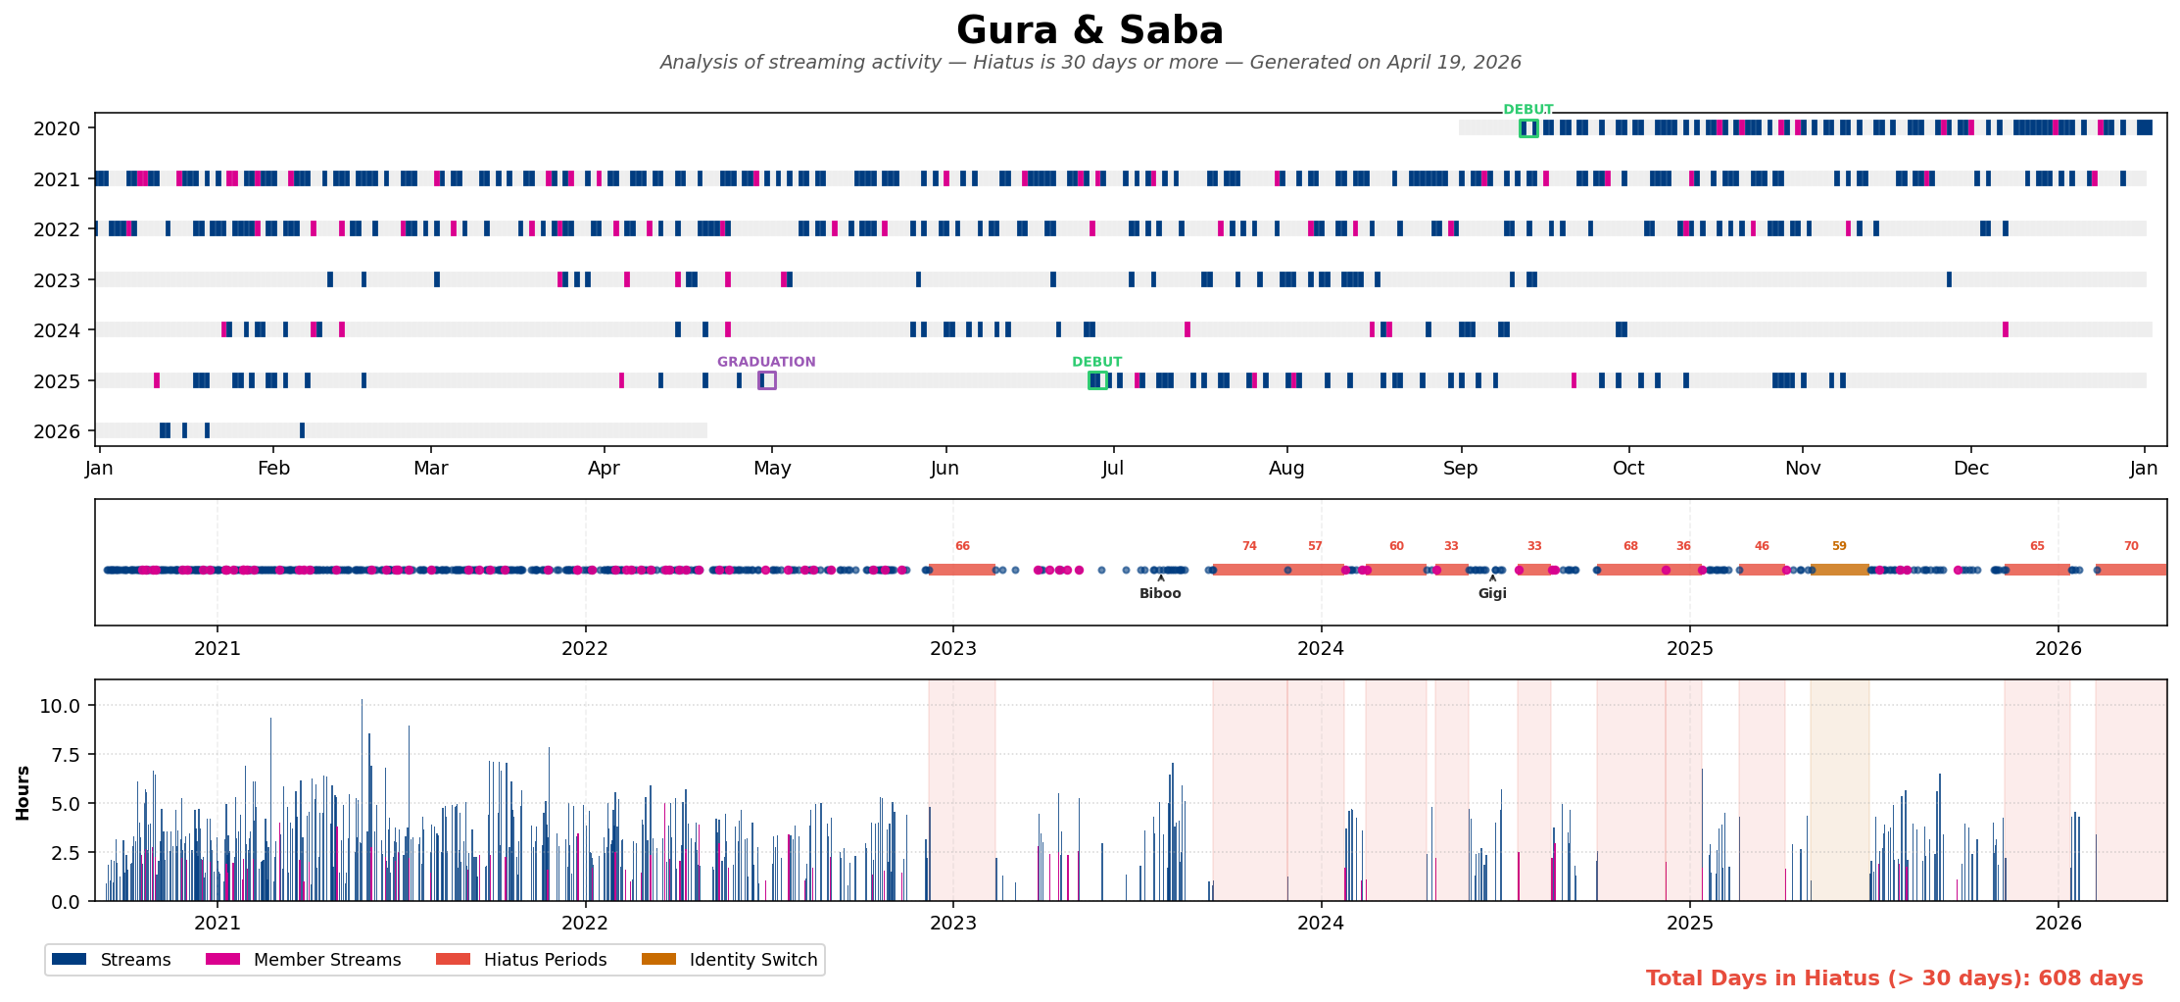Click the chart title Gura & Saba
(x=1090, y=30)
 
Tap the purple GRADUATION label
(x=766, y=362)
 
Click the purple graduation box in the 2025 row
(x=767, y=380)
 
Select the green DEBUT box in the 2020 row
(x=1528, y=128)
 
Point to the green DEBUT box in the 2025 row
(x=1097, y=380)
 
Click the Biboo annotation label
(x=1160, y=593)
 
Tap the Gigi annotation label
(x=1492, y=593)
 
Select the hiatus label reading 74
(x=1249, y=546)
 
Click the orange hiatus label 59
(x=1839, y=546)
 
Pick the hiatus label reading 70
(x=2131, y=546)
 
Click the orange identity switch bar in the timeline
(x=1839, y=570)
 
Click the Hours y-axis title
(x=23, y=792)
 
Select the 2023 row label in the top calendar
(x=57, y=280)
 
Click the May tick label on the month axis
(x=772, y=469)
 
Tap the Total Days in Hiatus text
(x=1894, y=978)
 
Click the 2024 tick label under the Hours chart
(x=1321, y=923)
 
